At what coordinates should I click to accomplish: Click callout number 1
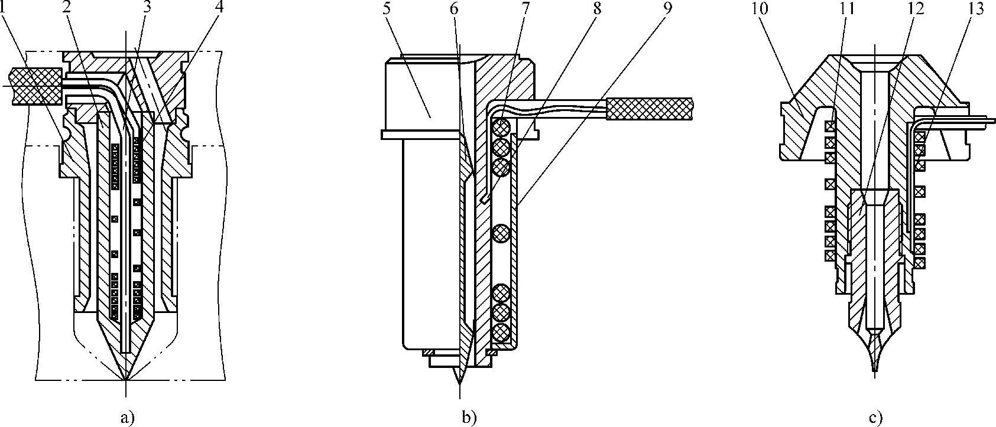point(4,9)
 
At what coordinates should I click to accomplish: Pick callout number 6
point(453,9)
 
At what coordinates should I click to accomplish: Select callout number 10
point(761,9)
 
